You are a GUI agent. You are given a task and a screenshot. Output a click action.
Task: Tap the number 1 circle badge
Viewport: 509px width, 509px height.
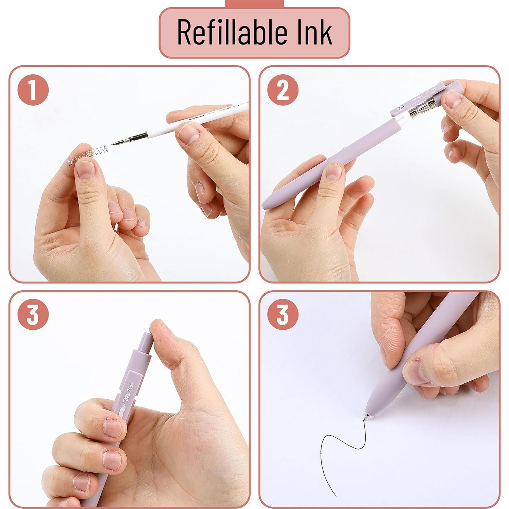(33, 90)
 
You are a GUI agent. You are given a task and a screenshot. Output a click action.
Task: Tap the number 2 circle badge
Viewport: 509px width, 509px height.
(283, 90)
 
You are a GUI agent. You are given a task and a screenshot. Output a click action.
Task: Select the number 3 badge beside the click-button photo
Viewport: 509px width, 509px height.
(33, 315)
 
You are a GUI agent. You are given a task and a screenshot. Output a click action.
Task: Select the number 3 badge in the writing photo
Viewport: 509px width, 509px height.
(283, 315)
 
